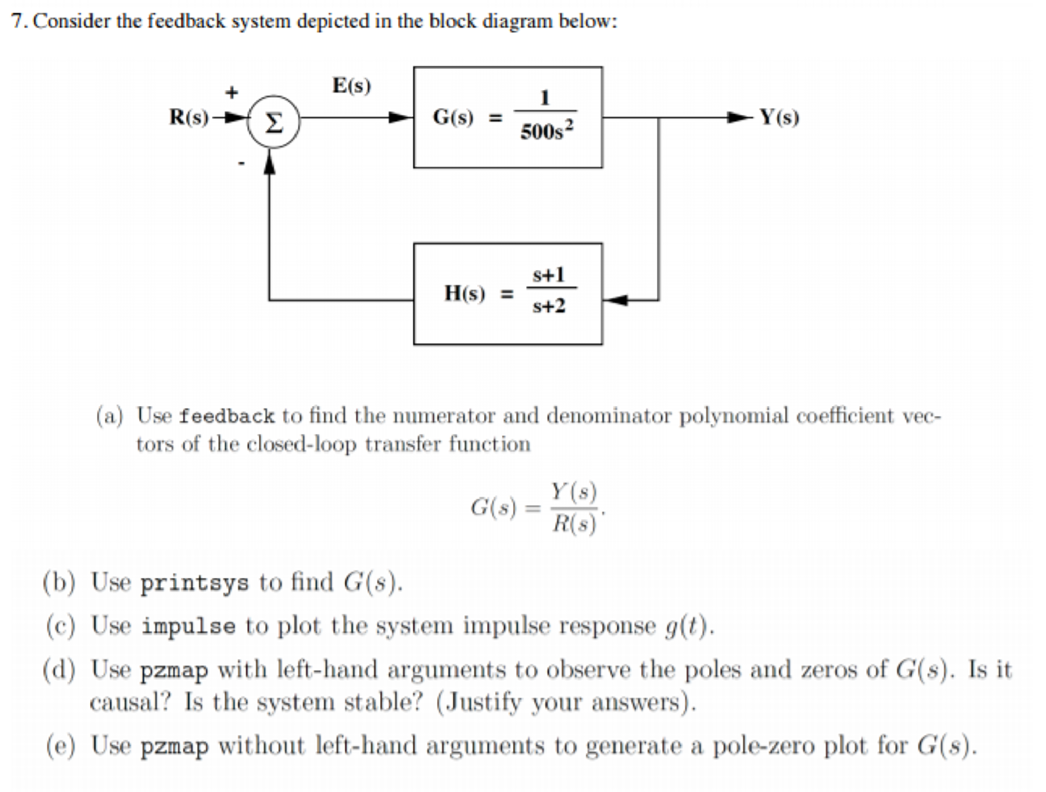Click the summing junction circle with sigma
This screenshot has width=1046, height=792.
click(x=274, y=122)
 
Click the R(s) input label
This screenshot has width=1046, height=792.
click(x=189, y=117)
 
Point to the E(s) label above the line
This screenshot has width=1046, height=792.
click(x=351, y=85)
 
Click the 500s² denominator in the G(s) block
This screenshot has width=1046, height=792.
click(x=547, y=131)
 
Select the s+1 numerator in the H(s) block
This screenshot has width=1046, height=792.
click(x=549, y=275)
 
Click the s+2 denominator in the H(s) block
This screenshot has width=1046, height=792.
click(x=549, y=306)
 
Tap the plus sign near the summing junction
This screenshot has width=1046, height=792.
click(x=232, y=93)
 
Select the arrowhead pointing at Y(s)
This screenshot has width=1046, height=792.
click(x=739, y=118)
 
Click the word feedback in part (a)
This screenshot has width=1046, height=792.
click(x=226, y=416)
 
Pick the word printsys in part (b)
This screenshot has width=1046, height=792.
click(x=194, y=583)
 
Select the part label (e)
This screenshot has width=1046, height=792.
click(x=60, y=745)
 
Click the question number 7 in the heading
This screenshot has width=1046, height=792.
click(x=18, y=21)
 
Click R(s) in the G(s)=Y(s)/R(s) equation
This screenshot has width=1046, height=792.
click(x=574, y=524)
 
